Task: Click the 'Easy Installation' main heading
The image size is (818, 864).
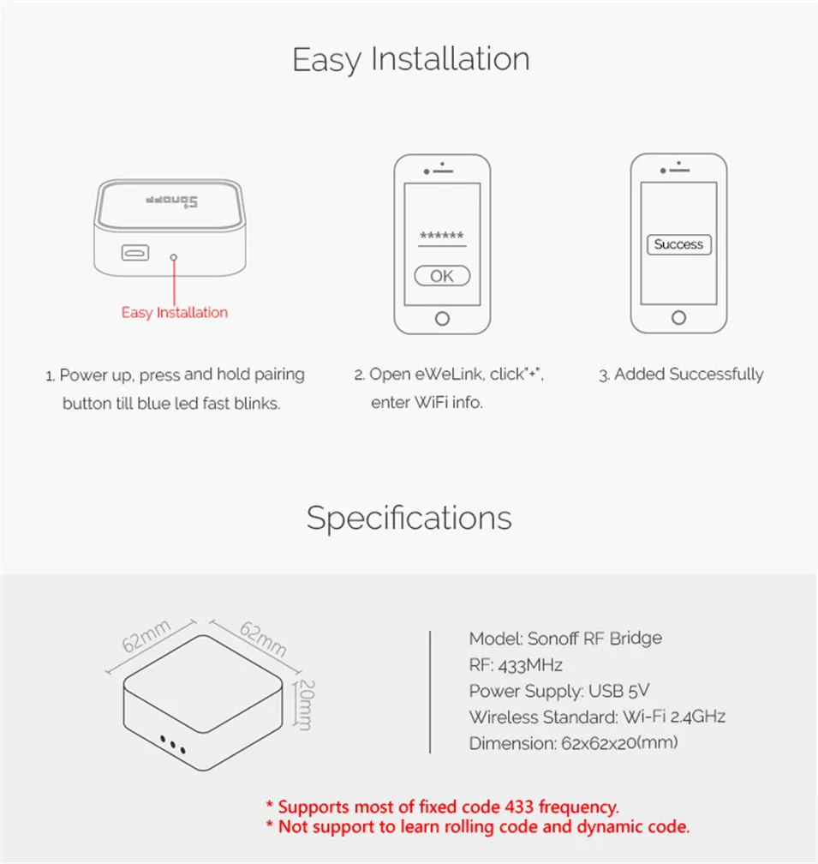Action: click(410, 59)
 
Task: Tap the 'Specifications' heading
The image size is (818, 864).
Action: click(409, 518)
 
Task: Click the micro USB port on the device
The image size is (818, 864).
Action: click(135, 253)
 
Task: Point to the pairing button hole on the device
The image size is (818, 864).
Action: click(174, 255)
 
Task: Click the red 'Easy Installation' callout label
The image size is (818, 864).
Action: click(175, 313)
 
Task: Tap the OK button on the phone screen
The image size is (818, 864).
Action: click(442, 276)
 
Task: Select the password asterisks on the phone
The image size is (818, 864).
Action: click(442, 237)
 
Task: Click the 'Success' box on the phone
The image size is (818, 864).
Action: click(678, 244)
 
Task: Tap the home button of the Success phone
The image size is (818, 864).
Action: click(678, 318)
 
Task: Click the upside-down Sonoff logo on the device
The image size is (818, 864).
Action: click(171, 202)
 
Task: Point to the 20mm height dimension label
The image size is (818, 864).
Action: click(304, 705)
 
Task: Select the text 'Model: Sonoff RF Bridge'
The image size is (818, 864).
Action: click(565, 639)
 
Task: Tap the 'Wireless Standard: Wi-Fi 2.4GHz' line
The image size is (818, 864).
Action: click(597, 717)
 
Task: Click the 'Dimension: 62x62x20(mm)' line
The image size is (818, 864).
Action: click(573, 743)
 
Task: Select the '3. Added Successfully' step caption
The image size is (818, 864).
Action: click(680, 375)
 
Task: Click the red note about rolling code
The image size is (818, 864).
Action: click(477, 827)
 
